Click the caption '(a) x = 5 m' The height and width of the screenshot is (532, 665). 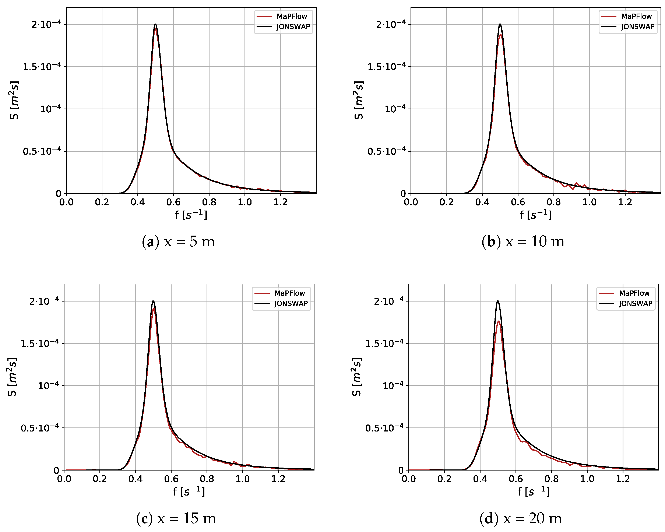(179, 242)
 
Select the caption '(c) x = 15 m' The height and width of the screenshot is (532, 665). (176, 518)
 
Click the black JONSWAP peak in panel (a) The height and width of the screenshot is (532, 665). (155, 24)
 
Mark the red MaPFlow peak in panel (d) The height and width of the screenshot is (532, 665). (499, 321)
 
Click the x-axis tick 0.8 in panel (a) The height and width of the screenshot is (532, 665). (209, 202)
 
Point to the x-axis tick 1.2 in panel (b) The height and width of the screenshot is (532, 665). (625, 202)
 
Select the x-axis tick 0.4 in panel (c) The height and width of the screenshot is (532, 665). (136, 479)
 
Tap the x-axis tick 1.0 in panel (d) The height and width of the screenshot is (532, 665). (587, 479)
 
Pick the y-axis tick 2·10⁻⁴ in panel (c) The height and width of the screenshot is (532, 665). (44, 301)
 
